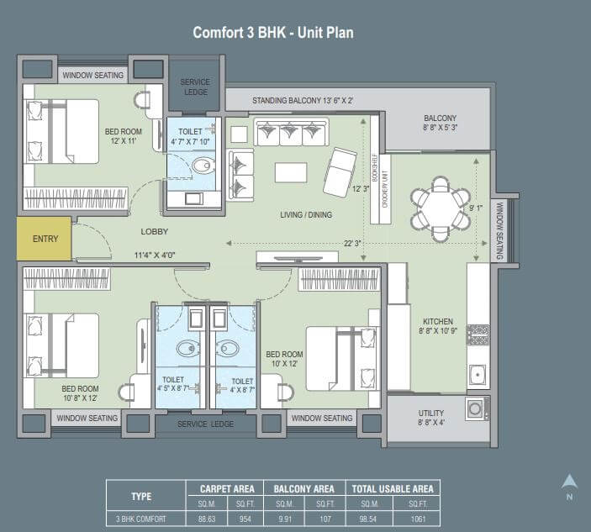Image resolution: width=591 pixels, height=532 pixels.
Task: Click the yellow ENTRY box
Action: (x=44, y=239)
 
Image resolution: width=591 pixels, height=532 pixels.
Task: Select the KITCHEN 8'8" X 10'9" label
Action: (x=438, y=326)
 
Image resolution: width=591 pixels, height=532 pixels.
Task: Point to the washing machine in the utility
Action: (x=477, y=408)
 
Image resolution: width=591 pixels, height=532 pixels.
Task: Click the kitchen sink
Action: (x=478, y=375)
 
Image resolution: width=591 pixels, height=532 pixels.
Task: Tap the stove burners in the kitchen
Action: (x=478, y=334)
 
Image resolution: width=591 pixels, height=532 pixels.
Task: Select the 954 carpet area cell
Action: (x=245, y=519)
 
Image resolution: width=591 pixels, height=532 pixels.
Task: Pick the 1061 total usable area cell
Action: (x=418, y=519)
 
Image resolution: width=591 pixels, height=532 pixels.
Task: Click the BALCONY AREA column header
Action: (x=303, y=489)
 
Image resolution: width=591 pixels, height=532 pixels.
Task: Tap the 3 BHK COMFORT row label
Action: (x=140, y=519)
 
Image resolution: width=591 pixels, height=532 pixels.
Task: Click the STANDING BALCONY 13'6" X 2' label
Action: (x=303, y=101)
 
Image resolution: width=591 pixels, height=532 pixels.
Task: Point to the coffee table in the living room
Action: (x=291, y=172)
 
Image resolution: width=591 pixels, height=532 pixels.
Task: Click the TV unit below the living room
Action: (x=297, y=257)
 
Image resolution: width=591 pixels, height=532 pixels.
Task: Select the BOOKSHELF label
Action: (x=375, y=167)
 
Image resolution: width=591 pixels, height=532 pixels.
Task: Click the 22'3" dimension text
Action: (x=352, y=244)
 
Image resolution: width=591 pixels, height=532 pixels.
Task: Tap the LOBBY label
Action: (x=154, y=231)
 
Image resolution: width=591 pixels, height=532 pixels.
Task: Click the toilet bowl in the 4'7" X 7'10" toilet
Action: (x=203, y=166)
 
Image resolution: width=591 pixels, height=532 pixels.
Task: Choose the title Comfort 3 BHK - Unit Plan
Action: (x=273, y=33)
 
